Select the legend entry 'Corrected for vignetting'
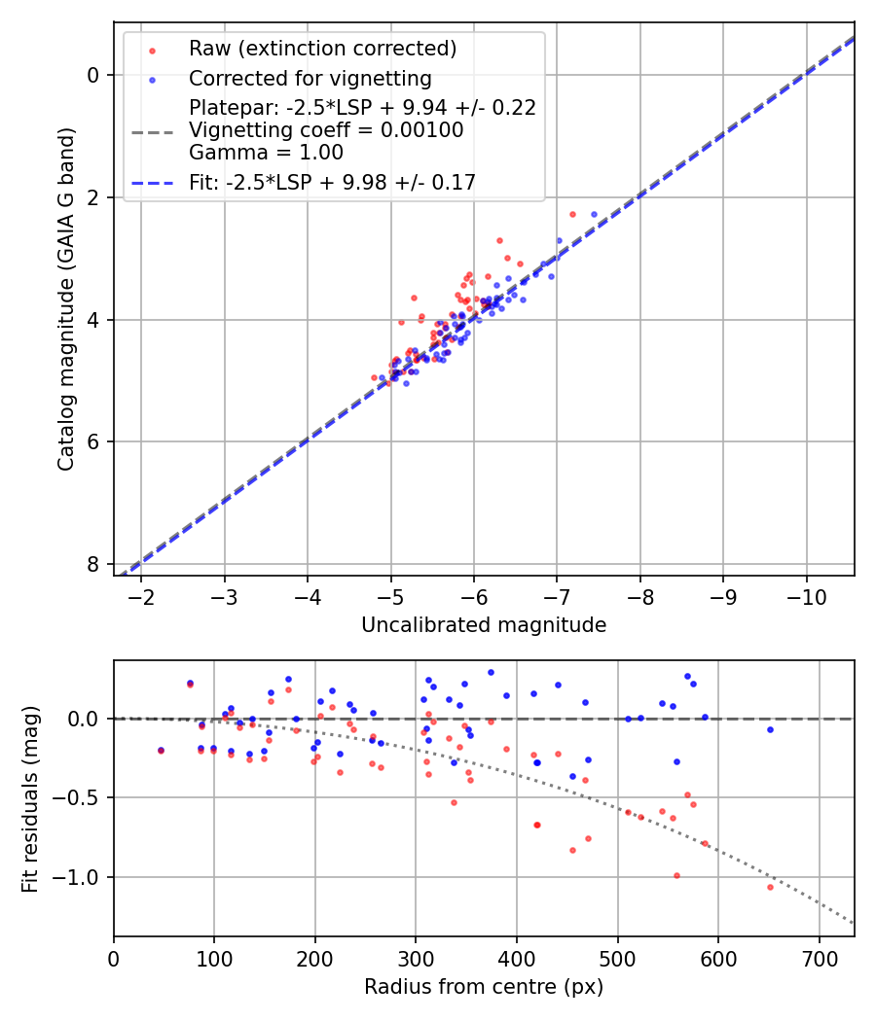pos(310,79)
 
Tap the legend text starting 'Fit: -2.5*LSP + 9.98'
pos(332,182)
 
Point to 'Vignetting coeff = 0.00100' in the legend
pos(326,130)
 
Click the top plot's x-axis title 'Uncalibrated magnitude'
pos(484,625)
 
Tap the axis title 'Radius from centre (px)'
pos(484,987)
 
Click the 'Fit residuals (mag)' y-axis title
pos(30,798)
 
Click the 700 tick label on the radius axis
pos(819,961)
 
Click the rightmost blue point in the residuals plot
pos(770,729)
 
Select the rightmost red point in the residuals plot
pos(770,887)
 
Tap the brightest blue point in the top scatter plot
pos(594,214)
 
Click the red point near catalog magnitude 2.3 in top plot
pos(572,214)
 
